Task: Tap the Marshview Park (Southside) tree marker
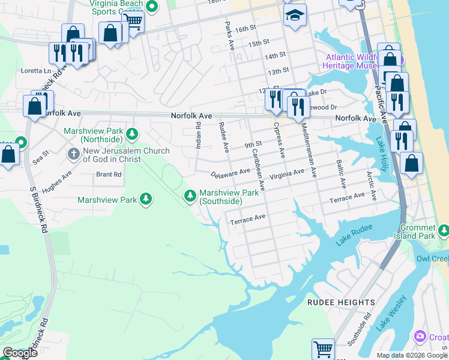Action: coord(190,195)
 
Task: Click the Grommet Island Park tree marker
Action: coord(443,230)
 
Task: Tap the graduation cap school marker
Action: coord(295,16)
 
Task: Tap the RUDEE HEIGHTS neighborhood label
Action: coord(341,302)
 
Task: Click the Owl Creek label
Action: coord(432,259)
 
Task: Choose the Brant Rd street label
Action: coord(109,175)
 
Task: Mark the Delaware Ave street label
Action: coord(231,173)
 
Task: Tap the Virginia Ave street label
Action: coord(286,173)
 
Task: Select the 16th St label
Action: coord(246,29)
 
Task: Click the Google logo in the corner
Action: coord(20,353)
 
